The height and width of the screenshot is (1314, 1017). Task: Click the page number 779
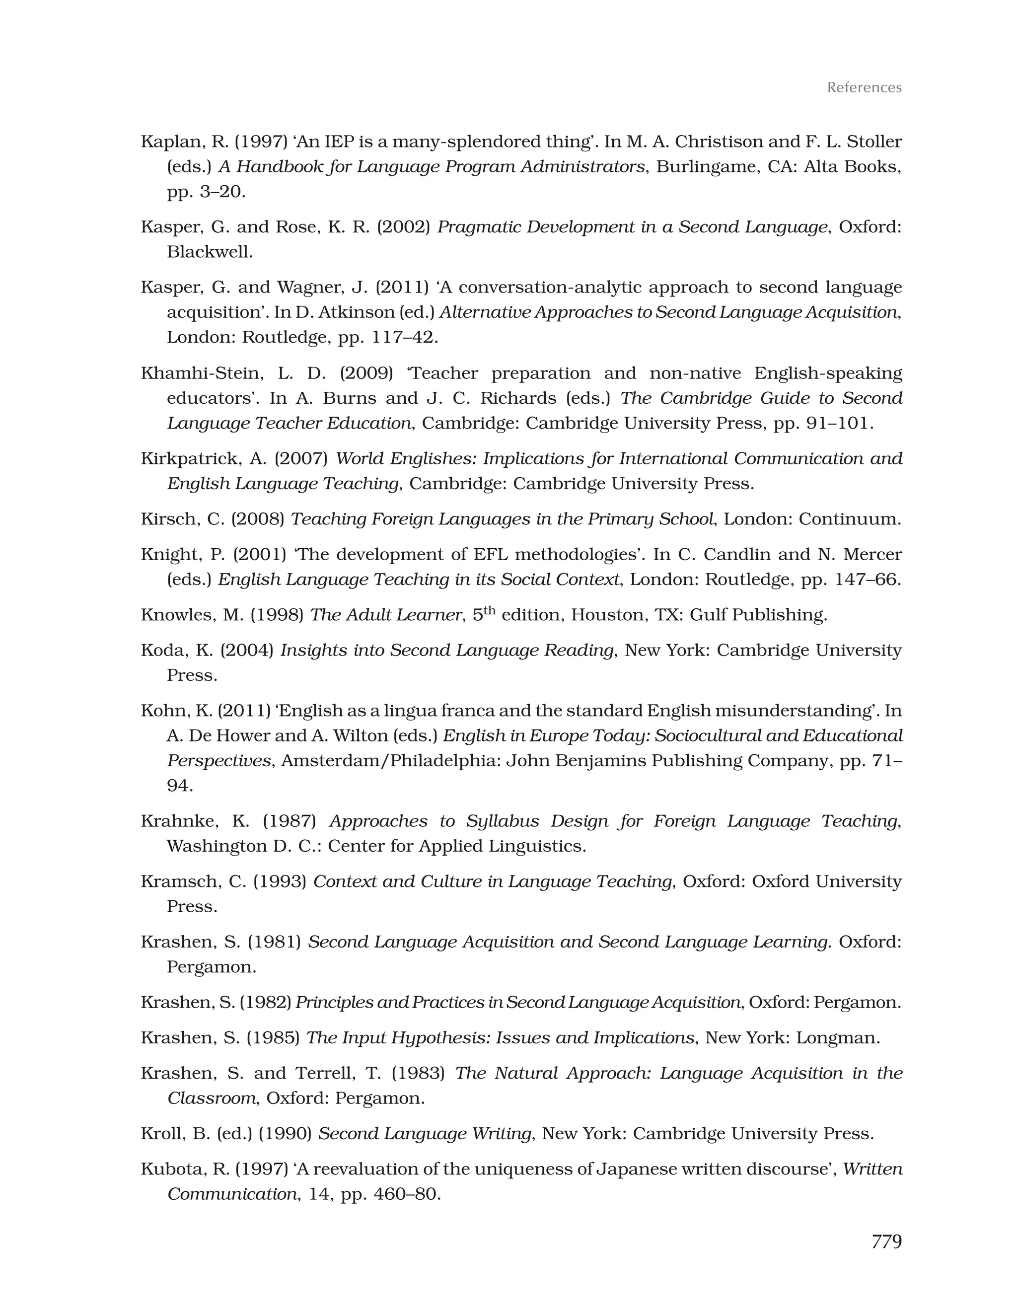click(x=886, y=1241)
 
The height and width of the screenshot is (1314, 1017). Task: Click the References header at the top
click(x=864, y=88)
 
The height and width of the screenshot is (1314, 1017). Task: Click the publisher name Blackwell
click(x=209, y=252)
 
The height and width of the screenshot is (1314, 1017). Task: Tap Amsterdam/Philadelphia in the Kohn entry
click(x=390, y=761)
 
